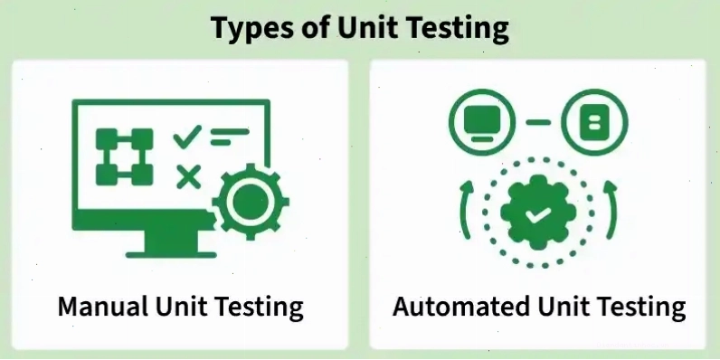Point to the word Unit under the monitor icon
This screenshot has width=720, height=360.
(181, 307)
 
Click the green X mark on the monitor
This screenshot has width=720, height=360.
(189, 177)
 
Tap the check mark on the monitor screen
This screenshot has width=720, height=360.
(187, 137)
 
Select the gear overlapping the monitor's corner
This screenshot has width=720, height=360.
(251, 202)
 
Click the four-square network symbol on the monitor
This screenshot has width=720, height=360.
(125, 157)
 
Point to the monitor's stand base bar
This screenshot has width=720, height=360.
(171, 255)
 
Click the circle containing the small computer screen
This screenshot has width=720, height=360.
(482, 122)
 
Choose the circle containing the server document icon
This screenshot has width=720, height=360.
(594, 122)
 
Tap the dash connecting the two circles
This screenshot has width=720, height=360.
(538, 122)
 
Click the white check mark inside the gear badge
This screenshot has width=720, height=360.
(538, 214)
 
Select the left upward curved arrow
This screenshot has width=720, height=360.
(463, 209)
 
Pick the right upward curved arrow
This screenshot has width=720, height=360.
(613, 209)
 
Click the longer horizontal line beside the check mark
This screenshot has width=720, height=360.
(230, 132)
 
